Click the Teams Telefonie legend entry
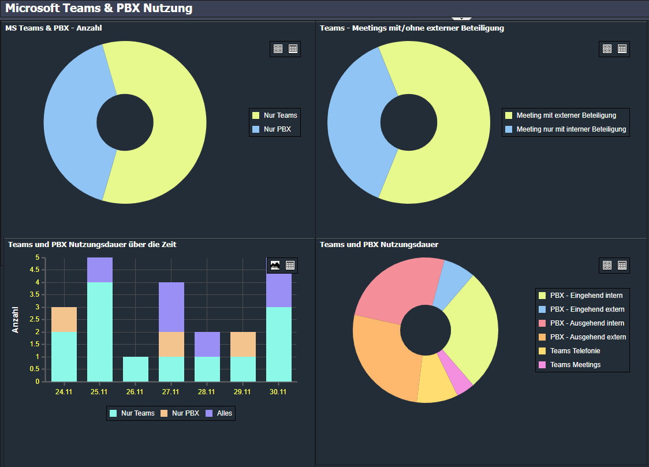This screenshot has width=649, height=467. pos(575,351)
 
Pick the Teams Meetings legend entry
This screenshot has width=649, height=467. pos(575,365)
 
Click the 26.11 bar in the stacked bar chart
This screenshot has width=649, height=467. pos(136,369)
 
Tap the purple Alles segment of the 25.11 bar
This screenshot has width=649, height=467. pos(100,270)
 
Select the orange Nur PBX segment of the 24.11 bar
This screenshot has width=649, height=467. pos(64,319)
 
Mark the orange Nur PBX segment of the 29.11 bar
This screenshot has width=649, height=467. pos(243,344)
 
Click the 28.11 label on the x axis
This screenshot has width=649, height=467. pos(206,392)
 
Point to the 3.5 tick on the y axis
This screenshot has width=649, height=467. pos(38,295)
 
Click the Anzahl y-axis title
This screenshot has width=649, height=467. pos(16,319)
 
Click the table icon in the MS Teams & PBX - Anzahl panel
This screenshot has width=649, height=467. pos(293,49)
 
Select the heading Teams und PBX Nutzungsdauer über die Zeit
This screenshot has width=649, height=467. pos(92,245)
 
